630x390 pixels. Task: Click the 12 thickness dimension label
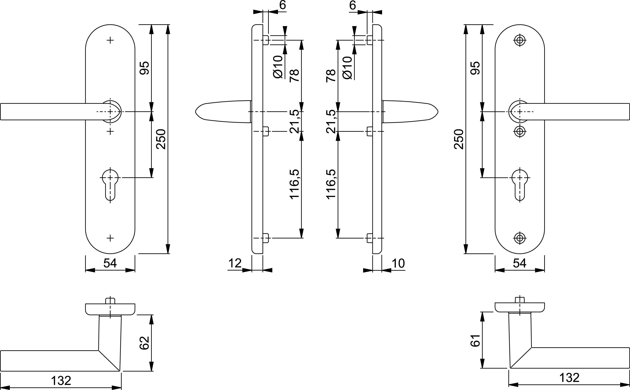coord(235,263)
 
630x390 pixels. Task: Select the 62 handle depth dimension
coord(145,343)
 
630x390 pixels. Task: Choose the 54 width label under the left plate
coord(110,263)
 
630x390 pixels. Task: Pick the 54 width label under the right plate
coord(519,263)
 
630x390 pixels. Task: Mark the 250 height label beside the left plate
coord(161,139)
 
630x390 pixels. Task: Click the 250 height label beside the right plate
coord(459,139)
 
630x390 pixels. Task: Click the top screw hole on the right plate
coord(520,40)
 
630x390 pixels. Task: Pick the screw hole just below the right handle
coord(520,132)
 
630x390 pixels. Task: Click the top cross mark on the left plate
coord(110,40)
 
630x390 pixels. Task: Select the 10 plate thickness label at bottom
coord(398,263)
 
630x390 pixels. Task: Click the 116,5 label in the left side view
coord(295,184)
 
